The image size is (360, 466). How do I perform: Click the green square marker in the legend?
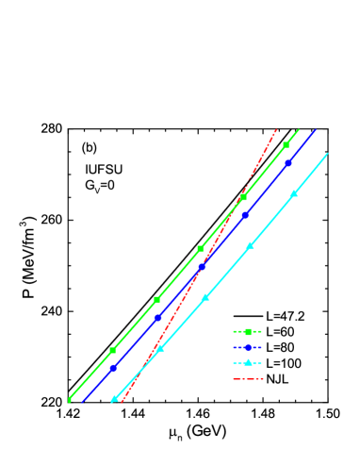248,332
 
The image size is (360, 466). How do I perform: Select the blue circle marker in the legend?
248,347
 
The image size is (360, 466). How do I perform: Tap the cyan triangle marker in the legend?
248,363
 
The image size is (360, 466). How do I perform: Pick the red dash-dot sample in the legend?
248,379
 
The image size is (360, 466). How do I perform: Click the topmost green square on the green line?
286,144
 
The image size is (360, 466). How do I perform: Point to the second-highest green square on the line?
243,197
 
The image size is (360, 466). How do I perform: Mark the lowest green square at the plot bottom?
70,400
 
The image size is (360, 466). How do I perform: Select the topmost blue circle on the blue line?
288,163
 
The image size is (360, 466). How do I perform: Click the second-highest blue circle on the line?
245,215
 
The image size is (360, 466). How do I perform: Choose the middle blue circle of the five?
201,267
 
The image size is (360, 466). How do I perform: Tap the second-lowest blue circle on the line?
156,318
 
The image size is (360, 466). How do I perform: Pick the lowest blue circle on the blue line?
112,368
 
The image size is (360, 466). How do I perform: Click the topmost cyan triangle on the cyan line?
294,193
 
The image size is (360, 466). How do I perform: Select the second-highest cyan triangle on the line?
250,246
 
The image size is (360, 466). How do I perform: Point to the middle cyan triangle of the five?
205,298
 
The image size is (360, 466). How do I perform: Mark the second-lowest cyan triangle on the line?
160,349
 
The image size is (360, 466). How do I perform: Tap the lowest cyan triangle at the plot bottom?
115,399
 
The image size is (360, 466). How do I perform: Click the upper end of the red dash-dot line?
276,129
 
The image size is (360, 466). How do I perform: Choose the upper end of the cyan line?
328,153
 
